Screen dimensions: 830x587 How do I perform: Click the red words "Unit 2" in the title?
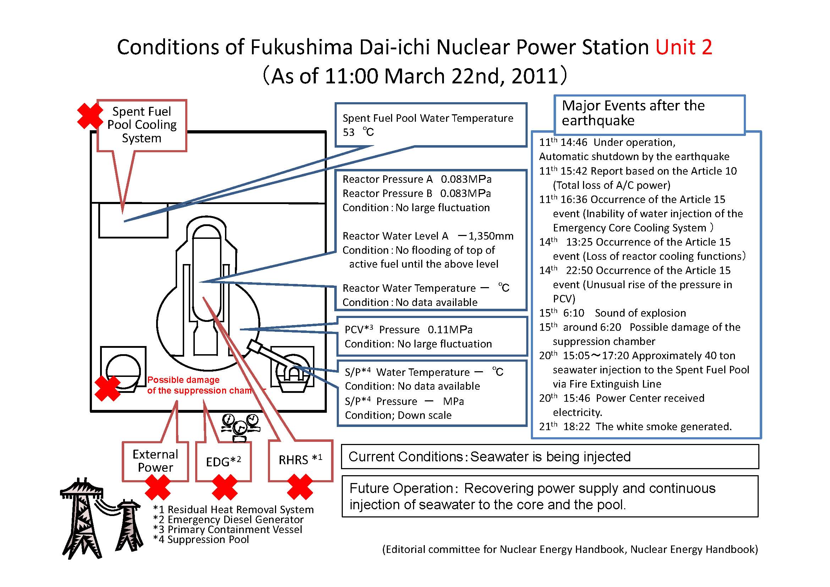(x=683, y=47)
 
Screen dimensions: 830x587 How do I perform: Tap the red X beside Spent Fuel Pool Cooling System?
(x=90, y=116)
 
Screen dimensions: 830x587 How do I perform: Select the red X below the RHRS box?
(x=300, y=487)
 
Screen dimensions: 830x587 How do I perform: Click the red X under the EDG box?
(x=225, y=487)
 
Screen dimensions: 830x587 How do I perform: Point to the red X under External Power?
(x=158, y=487)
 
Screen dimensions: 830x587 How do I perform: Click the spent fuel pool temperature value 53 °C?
(x=358, y=132)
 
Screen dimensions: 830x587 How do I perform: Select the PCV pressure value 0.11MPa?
(x=450, y=330)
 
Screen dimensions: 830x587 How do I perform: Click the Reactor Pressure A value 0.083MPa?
(x=466, y=179)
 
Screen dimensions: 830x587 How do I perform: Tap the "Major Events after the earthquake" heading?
(x=633, y=113)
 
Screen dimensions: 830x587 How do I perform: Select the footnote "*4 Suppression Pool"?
(x=201, y=540)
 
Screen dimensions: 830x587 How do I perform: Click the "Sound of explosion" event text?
(x=640, y=313)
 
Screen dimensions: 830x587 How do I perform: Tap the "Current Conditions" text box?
(x=550, y=456)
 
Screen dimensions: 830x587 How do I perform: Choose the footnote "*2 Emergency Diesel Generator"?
(x=228, y=520)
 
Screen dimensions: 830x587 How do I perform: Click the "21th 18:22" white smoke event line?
(x=635, y=427)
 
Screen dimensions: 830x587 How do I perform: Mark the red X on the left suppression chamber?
(x=108, y=388)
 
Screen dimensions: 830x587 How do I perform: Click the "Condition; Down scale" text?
(x=398, y=415)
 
